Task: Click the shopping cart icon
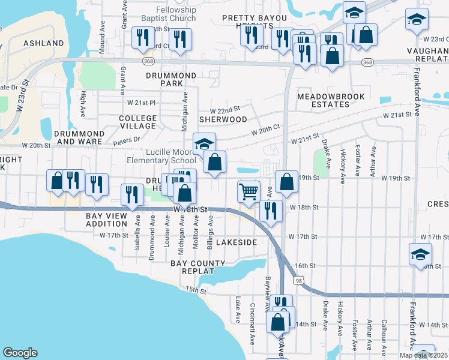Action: [x=249, y=192]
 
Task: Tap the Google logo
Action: [x=20, y=353]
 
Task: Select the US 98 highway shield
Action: [x=299, y=280]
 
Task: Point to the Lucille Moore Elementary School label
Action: [x=161, y=156]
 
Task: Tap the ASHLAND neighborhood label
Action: [x=43, y=43]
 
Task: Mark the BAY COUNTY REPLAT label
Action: [x=197, y=267]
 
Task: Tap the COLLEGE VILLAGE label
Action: [x=137, y=122]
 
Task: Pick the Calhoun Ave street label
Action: [x=384, y=335]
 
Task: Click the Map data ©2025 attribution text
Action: [x=423, y=355]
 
